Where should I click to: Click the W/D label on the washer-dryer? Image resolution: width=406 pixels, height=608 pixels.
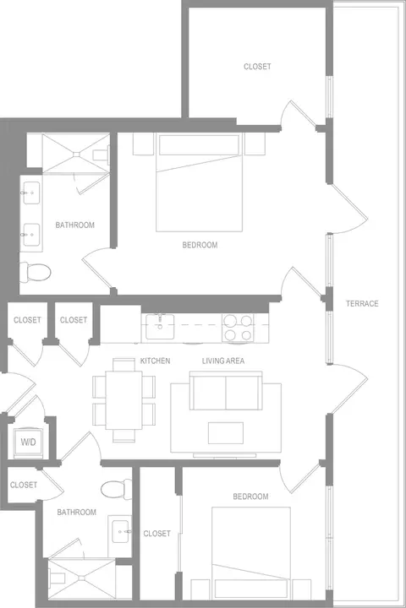click(29, 442)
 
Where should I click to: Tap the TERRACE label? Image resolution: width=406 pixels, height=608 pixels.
click(362, 304)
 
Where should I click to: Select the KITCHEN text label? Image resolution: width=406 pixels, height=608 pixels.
click(155, 361)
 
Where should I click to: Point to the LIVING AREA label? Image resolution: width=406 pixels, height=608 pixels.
click(223, 361)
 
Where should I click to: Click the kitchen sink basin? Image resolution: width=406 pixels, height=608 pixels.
click(160, 327)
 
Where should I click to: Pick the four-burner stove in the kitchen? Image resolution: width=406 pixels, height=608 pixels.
click(238, 328)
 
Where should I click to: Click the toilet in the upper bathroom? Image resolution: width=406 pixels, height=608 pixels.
click(36, 272)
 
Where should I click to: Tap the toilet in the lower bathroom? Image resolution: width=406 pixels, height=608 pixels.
click(116, 489)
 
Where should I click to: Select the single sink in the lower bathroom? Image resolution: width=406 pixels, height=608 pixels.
click(120, 532)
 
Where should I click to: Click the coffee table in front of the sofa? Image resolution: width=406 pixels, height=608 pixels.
click(226, 433)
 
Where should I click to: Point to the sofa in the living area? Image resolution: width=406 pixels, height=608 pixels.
click(226, 391)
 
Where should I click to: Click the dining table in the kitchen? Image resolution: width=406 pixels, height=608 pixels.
click(124, 399)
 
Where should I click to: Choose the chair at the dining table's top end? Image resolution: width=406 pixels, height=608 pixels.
click(124, 365)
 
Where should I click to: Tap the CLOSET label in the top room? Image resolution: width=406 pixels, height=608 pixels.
click(257, 67)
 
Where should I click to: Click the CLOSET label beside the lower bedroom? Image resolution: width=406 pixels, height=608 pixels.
click(157, 534)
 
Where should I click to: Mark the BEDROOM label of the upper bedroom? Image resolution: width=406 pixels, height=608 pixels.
click(200, 245)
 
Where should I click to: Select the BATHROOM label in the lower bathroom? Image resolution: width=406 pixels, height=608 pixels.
click(76, 513)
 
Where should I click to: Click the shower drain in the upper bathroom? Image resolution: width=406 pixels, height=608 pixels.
click(76, 154)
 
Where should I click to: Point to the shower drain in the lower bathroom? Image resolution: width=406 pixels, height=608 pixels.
click(81, 578)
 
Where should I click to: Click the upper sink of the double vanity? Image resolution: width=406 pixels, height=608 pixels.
click(31, 193)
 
